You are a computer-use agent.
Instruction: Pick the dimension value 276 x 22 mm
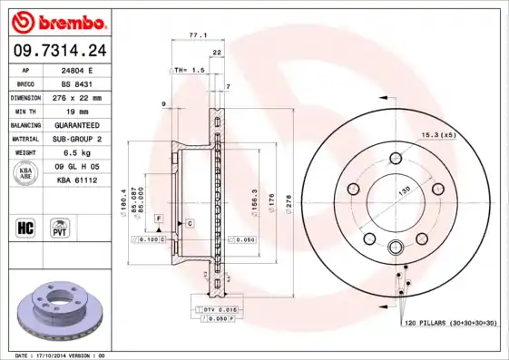(x=75, y=97)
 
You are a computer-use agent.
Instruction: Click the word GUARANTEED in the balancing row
(x=75, y=124)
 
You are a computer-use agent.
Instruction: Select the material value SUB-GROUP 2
(x=75, y=138)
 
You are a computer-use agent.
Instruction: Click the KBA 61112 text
(x=75, y=179)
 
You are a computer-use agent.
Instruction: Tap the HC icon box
(x=25, y=227)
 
